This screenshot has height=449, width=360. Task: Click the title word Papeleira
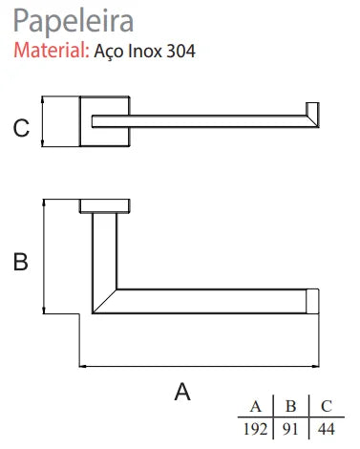tap(74, 21)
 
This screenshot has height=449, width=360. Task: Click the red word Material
tap(52, 51)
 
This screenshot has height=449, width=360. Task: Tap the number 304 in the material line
tap(180, 51)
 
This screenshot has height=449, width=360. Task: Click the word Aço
tap(109, 52)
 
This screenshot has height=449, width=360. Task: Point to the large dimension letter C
tap(21, 128)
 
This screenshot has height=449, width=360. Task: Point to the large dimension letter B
tap(20, 262)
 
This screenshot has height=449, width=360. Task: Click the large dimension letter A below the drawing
tap(182, 392)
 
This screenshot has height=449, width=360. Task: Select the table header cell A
tap(256, 407)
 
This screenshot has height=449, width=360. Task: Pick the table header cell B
tap(290, 407)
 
